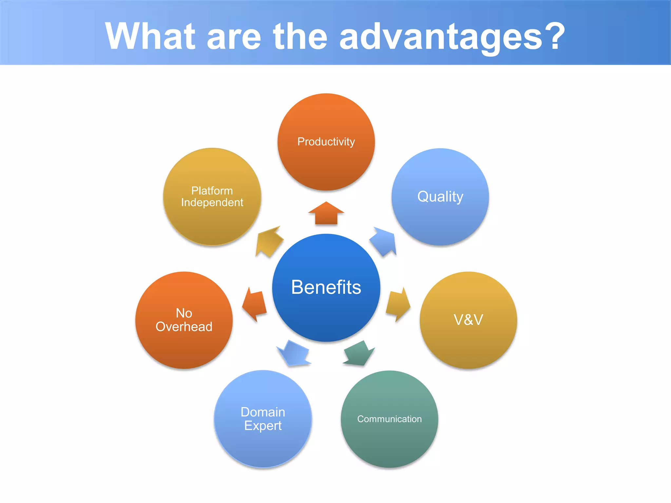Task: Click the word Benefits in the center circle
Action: click(x=326, y=287)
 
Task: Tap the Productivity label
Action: click(x=326, y=141)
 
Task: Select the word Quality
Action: click(x=440, y=196)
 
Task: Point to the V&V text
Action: click(x=468, y=320)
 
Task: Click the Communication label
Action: click(x=389, y=419)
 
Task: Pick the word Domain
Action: click(x=263, y=412)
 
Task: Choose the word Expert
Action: click(x=263, y=426)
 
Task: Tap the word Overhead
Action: click(x=184, y=327)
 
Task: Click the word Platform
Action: click(x=212, y=191)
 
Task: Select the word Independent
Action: click(x=212, y=203)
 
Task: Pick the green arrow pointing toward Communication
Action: click(x=359, y=354)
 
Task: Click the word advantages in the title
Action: click(x=441, y=36)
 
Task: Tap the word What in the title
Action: click(x=150, y=36)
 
